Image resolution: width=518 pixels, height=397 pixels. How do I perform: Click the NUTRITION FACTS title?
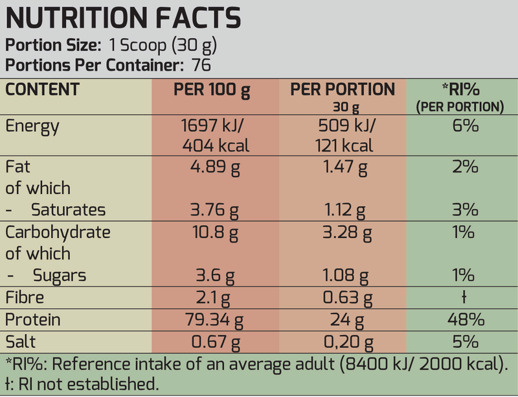coord(123,19)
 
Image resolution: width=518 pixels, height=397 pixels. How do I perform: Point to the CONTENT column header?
coord(42,90)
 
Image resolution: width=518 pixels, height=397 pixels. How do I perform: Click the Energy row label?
coord(32,126)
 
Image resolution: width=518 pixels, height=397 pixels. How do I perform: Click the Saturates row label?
coord(68,210)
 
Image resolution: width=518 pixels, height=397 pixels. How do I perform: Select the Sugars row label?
coord(59,276)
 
